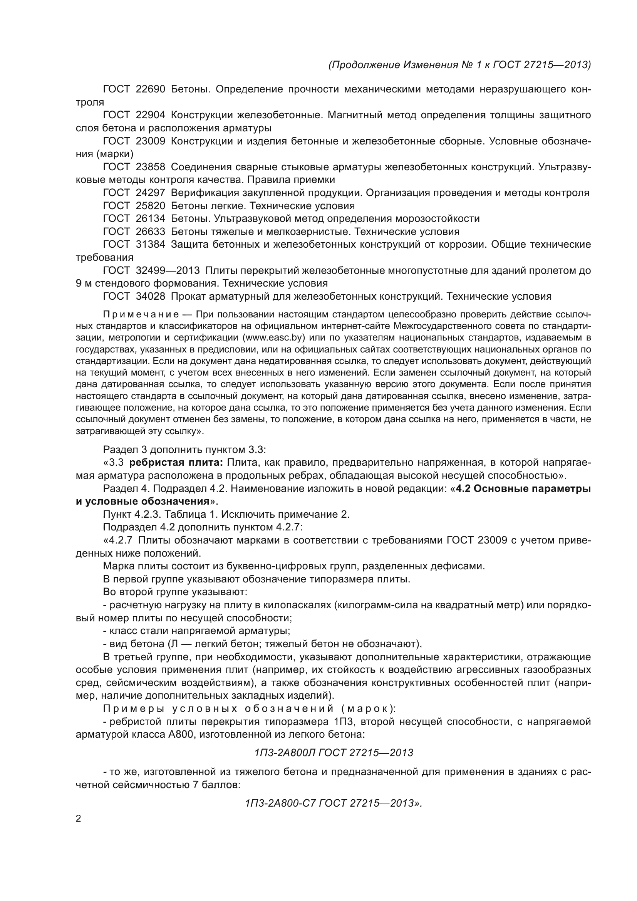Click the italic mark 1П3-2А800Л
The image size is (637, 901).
tap(285, 753)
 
